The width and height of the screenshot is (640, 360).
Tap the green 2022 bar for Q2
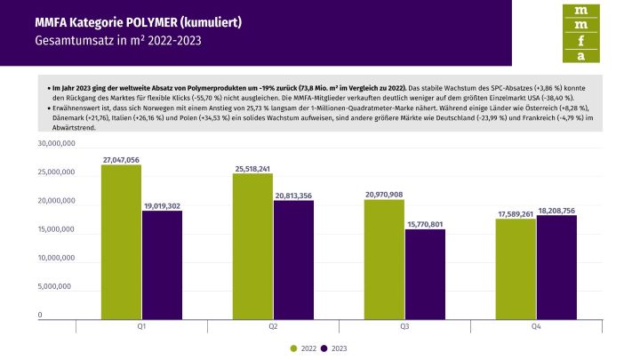tap(252, 244)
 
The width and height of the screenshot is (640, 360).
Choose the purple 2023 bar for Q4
tap(556, 266)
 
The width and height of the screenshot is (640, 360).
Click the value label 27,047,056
tap(121, 159)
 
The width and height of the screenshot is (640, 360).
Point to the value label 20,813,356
tap(293, 195)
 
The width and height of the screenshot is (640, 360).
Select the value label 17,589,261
tap(515, 213)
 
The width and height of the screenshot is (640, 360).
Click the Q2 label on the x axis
tap(273, 327)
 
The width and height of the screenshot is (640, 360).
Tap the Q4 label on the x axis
tap(535, 327)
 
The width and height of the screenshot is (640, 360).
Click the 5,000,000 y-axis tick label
tap(60, 287)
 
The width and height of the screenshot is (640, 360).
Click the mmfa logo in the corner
tap(581, 33)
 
